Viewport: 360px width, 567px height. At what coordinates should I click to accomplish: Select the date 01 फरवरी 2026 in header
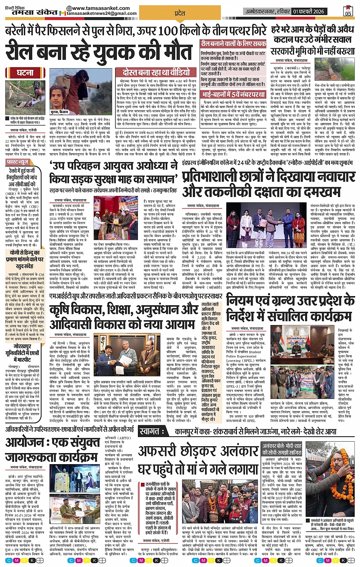coord(309,11)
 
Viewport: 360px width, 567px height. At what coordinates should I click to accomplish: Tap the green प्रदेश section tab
coord(179,13)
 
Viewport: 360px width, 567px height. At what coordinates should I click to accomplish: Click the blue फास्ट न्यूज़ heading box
coord(18,162)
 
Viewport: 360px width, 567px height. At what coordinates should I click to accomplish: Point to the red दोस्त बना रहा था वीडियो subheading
coord(156,72)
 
